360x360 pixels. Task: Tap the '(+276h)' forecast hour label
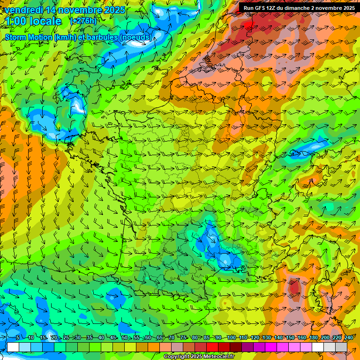coord(83,21)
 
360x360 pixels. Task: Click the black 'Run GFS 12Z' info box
coord(299,8)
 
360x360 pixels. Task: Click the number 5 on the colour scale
coord(17,338)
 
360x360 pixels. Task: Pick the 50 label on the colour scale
coord(124,338)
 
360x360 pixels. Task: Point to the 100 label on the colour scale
coord(231,338)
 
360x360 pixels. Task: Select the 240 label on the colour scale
coord(348,338)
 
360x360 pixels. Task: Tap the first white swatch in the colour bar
coord(13,347)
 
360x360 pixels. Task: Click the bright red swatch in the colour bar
coord(212,347)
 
